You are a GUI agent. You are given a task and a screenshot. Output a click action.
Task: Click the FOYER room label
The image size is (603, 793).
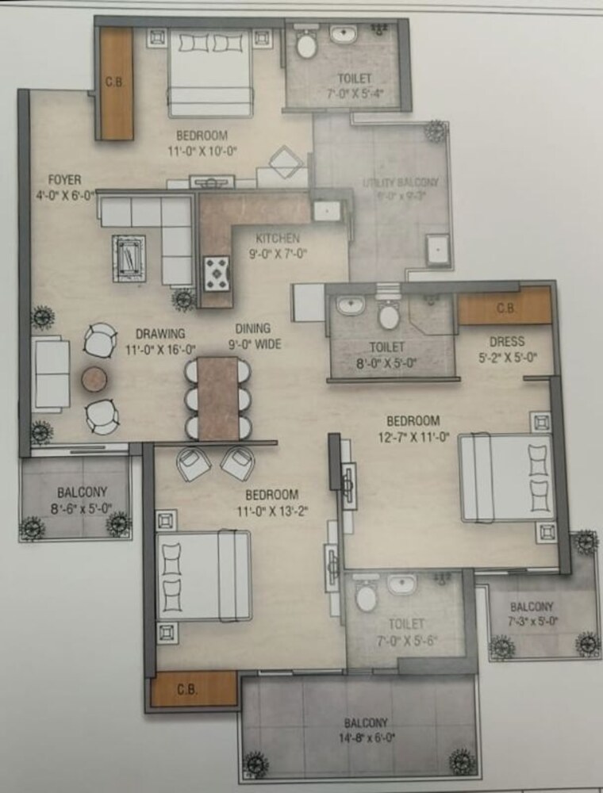tap(42, 179)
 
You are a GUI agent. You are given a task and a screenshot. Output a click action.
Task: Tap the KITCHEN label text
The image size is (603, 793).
tap(277, 238)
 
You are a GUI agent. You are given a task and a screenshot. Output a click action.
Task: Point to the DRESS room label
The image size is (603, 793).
tap(507, 342)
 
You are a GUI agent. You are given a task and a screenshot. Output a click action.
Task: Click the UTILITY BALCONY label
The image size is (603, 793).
tap(400, 182)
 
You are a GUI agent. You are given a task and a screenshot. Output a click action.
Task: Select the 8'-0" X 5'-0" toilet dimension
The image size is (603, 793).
tap(387, 364)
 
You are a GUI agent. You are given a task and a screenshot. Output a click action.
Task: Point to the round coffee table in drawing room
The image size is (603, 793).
tap(94, 378)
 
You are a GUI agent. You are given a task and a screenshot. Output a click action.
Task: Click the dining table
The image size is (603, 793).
tap(218, 398)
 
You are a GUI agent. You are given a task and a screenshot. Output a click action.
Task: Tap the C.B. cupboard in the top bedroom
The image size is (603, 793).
tap(117, 83)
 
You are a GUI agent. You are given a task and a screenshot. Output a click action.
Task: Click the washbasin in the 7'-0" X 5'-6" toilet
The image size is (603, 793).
tap(401, 585)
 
